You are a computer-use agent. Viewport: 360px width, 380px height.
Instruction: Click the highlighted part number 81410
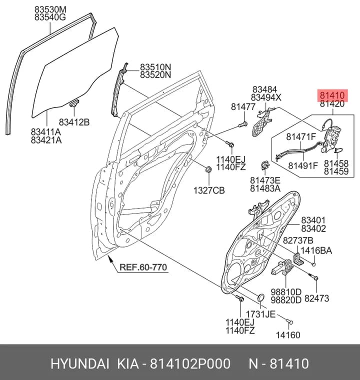click(x=332, y=95)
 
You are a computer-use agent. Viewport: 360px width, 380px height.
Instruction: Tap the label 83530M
click(x=50, y=9)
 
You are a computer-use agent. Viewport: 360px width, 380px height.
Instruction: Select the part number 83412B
click(x=74, y=122)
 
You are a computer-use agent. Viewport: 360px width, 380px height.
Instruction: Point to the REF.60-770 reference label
click(x=143, y=267)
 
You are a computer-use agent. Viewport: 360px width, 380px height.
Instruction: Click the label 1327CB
click(x=209, y=190)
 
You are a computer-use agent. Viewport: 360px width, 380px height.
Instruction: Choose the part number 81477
click(x=243, y=106)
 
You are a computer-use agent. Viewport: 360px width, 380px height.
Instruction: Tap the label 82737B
click(x=298, y=240)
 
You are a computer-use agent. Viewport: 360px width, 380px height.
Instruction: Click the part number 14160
click(x=288, y=335)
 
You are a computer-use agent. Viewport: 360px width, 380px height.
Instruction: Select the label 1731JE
click(x=260, y=314)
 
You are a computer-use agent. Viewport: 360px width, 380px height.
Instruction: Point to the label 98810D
click(x=286, y=292)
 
